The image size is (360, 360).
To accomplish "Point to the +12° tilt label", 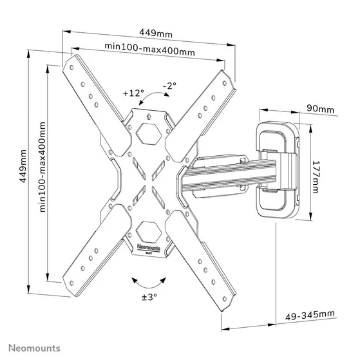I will [133, 93].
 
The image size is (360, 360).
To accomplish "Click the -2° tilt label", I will [169, 84].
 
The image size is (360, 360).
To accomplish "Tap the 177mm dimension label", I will [316, 173].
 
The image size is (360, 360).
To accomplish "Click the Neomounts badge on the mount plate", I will [149, 247].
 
